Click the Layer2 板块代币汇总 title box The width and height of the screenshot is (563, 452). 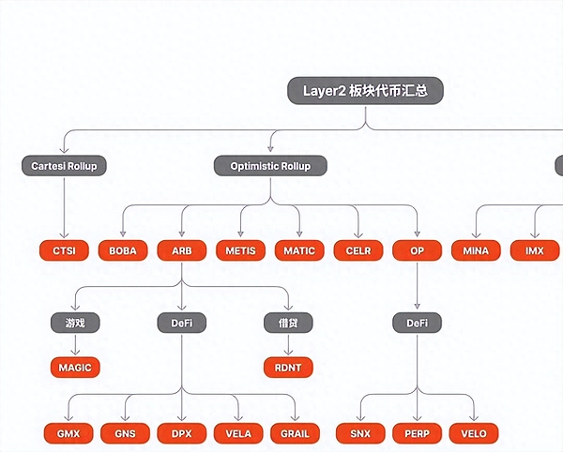coord(364,91)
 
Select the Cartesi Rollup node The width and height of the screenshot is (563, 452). coord(64,166)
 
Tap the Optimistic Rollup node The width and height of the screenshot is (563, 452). coord(270,166)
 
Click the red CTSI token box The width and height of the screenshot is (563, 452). coord(64,250)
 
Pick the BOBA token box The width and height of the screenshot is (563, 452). coord(123,250)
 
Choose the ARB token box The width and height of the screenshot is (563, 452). coord(181,250)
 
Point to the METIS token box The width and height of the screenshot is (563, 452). coord(241,250)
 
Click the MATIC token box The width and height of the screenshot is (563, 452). coord(299,250)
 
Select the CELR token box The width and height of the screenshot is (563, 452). coord(358,250)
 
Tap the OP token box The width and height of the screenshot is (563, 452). coord(417,250)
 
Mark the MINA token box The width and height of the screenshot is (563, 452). coord(476,250)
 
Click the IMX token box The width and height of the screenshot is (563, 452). coord(535,250)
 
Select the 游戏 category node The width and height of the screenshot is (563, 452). coord(75,324)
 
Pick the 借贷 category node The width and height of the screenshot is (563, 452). coord(288,324)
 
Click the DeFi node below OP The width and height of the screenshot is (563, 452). coord(417,324)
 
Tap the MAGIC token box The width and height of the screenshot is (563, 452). coord(75,367)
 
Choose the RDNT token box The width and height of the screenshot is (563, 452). coord(288,367)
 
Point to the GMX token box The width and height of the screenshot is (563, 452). coord(68,433)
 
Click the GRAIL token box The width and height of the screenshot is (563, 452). coord(297,433)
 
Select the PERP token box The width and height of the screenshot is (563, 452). coord(417,433)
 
